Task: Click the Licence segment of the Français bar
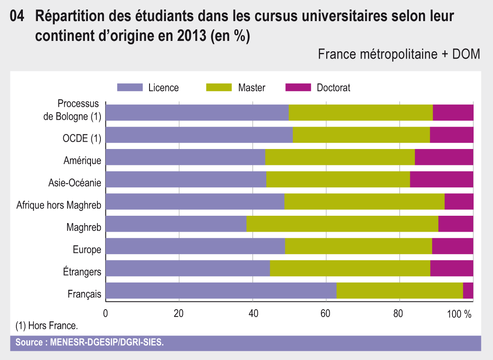coord(221,291)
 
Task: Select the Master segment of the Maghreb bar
coord(342,224)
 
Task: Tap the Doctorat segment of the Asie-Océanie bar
coord(441,179)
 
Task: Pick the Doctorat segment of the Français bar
coord(468,291)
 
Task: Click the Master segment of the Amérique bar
coord(340,157)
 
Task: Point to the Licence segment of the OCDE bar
coord(199,135)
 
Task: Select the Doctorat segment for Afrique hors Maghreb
coord(459,202)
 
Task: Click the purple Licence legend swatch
coord(130,87)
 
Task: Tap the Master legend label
coord(252,88)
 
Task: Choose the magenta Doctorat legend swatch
coord(298,87)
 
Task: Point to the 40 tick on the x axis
coord(253,313)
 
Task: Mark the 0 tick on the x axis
coord(106,313)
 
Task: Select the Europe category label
coord(87,250)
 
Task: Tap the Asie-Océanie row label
coord(75,183)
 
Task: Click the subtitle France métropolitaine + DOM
coord(399,55)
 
